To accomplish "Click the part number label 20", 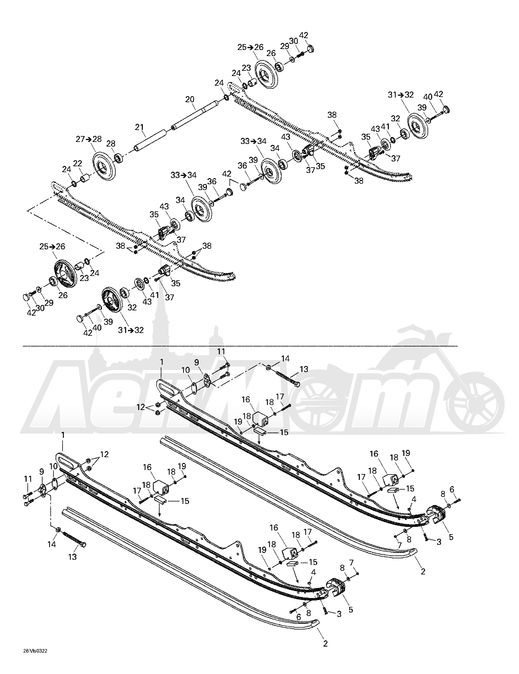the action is tap(190, 99).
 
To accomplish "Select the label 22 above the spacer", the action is tap(77, 164).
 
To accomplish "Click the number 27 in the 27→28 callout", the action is tap(81, 139).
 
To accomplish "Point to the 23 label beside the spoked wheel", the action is tap(84, 278).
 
